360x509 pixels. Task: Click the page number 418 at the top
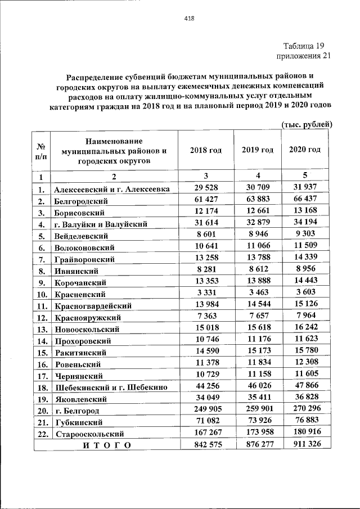click(189, 19)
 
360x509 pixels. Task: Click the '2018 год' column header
click(206, 150)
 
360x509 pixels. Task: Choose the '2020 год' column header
click(305, 150)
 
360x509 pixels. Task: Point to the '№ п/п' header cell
click(41, 150)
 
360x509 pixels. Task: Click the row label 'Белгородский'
click(81, 201)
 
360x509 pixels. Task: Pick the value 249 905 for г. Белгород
click(206, 410)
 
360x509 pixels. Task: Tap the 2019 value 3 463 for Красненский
click(257, 293)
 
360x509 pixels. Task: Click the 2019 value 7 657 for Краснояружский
click(257, 317)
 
